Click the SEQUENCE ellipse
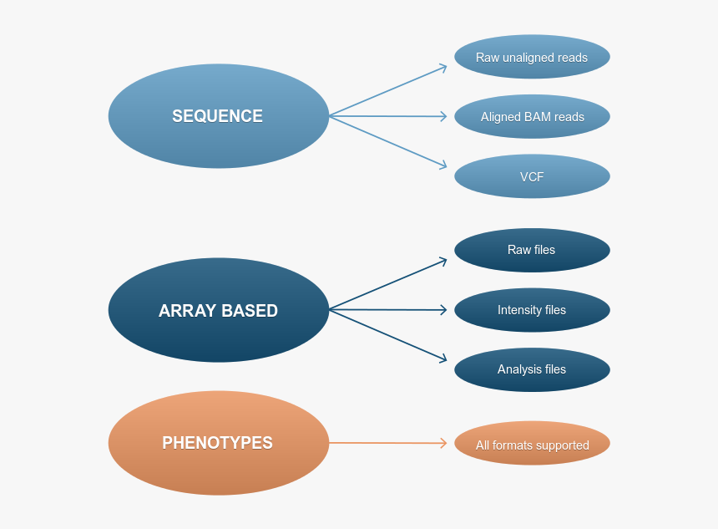point(219,116)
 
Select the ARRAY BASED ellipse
point(219,310)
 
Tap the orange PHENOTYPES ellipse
point(219,443)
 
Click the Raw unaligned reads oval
point(532,57)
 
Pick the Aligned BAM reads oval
point(532,117)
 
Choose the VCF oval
point(532,176)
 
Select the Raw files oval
point(532,250)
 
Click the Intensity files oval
point(532,310)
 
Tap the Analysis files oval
point(532,369)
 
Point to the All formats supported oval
point(532,445)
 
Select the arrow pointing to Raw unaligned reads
point(389,90)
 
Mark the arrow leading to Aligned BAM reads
point(389,116)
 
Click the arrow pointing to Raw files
point(389,284)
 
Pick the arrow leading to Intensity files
point(389,310)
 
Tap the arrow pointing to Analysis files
point(389,336)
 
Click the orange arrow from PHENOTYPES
point(389,443)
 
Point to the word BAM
point(538,117)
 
